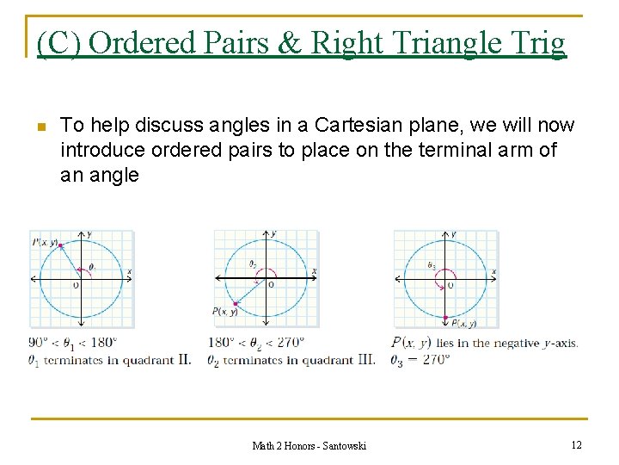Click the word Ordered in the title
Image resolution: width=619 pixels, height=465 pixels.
point(138,42)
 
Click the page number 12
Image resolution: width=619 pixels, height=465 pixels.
point(576,444)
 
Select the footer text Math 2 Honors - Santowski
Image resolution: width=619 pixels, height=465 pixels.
point(309,445)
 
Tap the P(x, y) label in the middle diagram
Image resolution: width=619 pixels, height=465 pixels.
point(226,311)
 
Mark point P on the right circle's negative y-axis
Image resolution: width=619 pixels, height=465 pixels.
point(445,318)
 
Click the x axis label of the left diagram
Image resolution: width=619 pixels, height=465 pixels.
point(130,272)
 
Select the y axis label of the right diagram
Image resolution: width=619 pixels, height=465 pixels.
point(453,233)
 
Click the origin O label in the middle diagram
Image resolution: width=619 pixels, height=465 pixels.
point(272,284)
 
